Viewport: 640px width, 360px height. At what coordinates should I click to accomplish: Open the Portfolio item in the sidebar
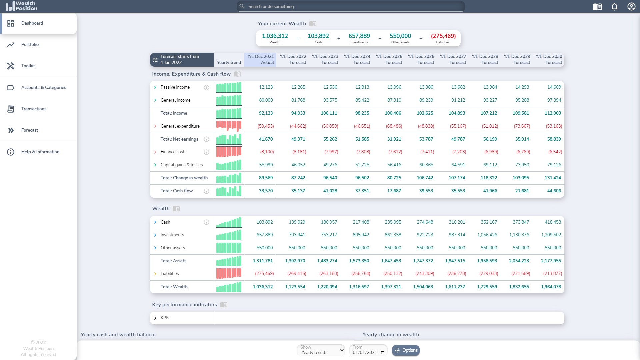point(30,44)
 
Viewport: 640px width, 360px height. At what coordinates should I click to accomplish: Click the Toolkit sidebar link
point(28,66)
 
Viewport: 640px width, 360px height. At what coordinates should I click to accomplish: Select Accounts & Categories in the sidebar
point(44,87)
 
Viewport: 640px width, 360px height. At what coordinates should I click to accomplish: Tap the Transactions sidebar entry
point(34,109)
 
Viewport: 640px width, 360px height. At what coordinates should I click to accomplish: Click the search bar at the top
point(351,6)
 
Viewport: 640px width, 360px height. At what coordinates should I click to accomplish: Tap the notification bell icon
point(614,7)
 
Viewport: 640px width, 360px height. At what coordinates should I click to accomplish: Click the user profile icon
point(631,7)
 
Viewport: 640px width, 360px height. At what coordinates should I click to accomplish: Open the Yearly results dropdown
point(321,350)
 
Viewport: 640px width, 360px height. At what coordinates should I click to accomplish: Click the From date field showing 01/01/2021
point(368,350)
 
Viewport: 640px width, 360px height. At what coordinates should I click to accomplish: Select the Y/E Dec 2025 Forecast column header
point(389,59)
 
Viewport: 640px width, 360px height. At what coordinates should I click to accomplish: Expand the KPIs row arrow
point(155,318)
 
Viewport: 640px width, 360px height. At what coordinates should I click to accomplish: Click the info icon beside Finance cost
point(207,152)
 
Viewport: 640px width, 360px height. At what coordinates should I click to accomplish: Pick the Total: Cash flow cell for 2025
point(394,191)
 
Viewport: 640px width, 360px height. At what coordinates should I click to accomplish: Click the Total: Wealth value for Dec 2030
point(551,287)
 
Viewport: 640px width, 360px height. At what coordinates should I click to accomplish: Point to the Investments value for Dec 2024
point(361,235)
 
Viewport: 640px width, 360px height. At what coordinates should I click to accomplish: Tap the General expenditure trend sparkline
point(229,126)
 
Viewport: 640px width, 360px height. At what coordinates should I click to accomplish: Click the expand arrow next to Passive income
point(155,87)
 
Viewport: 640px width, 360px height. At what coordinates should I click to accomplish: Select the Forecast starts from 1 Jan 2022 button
point(182,60)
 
